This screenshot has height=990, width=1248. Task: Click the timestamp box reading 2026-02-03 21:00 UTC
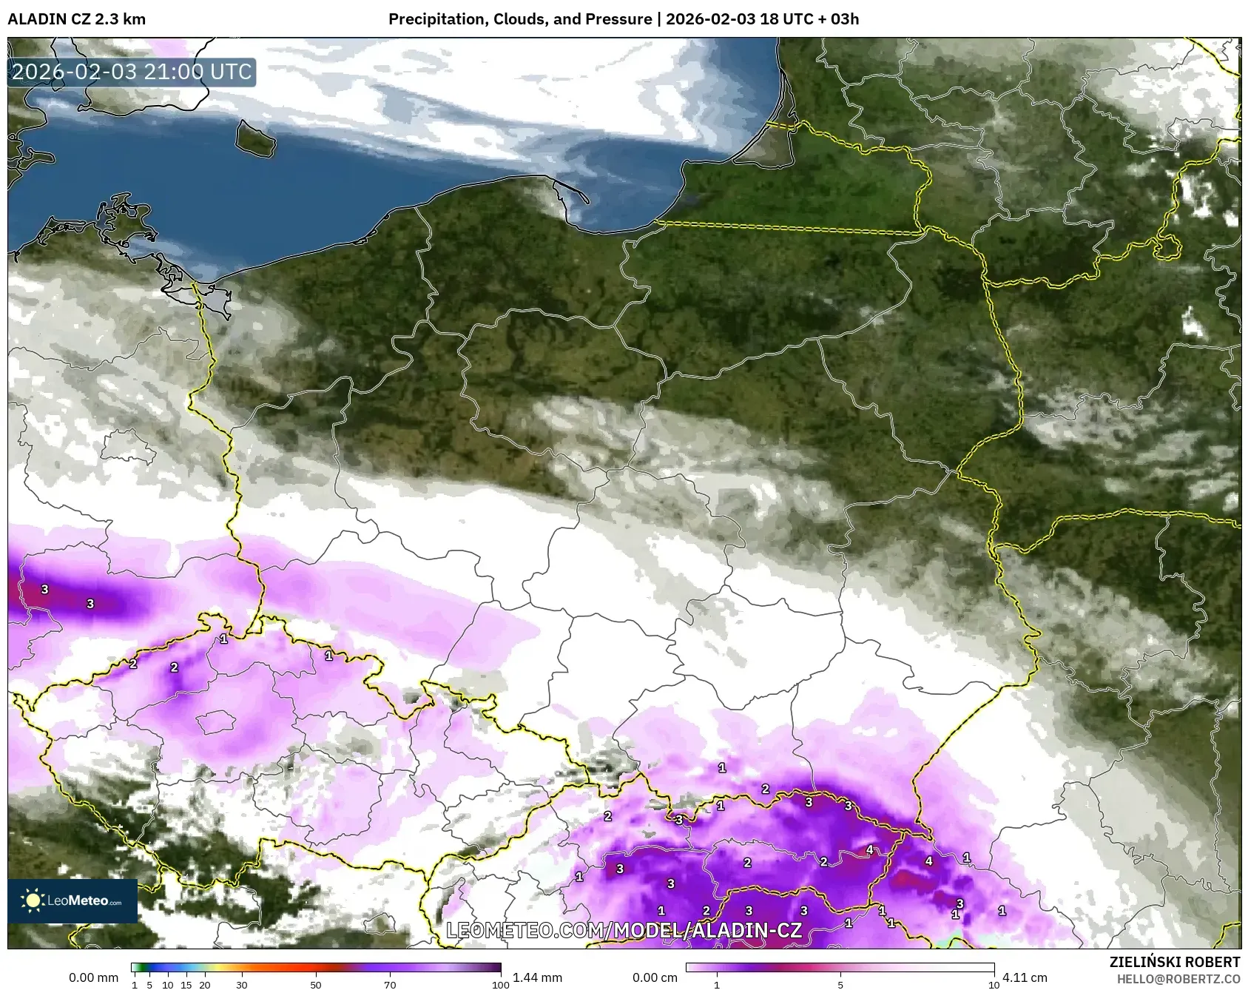pos(132,72)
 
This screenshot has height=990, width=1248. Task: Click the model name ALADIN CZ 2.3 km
pos(76,19)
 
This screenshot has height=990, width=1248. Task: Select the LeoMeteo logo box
pos(72,900)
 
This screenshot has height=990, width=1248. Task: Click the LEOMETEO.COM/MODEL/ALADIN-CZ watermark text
pos(624,929)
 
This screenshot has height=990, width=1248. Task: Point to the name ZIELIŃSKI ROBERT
pos(1174,962)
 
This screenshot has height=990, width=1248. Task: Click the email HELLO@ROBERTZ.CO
pos(1178,979)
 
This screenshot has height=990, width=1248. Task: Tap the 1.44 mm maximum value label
pos(537,977)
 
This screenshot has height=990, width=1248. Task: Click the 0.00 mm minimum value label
pos(93,977)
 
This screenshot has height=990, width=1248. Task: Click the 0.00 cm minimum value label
pos(655,977)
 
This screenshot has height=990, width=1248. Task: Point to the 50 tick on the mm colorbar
pos(316,985)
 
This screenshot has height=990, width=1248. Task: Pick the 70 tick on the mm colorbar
pos(390,985)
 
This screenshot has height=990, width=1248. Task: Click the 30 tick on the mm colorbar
pos(242,985)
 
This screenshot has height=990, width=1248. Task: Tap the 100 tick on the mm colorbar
pos(500,985)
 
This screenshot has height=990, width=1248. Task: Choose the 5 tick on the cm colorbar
pos(840,985)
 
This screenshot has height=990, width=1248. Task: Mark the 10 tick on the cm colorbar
pos(994,985)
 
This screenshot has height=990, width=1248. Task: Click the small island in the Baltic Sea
pos(255,138)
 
